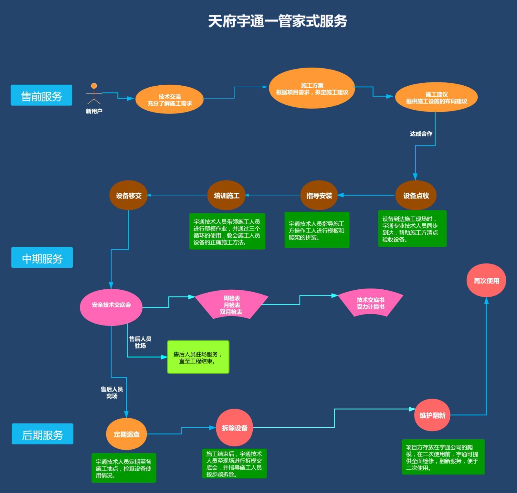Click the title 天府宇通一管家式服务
(x=277, y=21)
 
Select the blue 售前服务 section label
(x=41, y=95)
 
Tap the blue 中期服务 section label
(x=42, y=258)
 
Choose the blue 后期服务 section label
(x=42, y=434)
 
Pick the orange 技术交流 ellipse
(x=169, y=100)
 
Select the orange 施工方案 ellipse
(x=312, y=88)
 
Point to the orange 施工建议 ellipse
(x=436, y=97)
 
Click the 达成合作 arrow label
(x=421, y=134)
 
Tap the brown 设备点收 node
(x=416, y=195)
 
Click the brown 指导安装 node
(x=319, y=195)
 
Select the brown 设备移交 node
(x=129, y=195)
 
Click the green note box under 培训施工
(x=227, y=231)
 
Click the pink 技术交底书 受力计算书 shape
(x=371, y=303)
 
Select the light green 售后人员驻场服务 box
(x=198, y=357)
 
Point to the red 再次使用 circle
(x=486, y=280)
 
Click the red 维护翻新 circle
(x=432, y=415)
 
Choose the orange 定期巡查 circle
(x=126, y=434)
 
